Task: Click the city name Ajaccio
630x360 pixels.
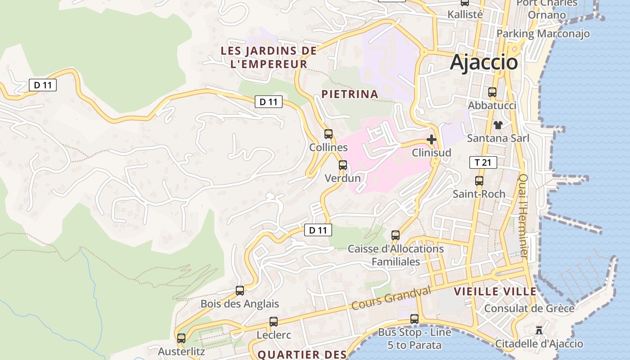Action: pyautogui.click(x=484, y=62)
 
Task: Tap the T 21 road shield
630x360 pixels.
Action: pyautogui.click(x=483, y=162)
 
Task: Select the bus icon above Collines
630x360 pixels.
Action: pyautogui.click(x=328, y=134)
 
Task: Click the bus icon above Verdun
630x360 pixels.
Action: pyautogui.click(x=343, y=165)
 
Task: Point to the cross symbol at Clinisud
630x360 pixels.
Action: pyautogui.click(x=432, y=139)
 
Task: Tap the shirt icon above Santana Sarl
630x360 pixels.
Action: pyautogui.click(x=498, y=125)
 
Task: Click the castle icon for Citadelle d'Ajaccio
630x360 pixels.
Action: pyautogui.click(x=539, y=331)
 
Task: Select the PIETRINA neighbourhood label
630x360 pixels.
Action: pyautogui.click(x=350, y=94)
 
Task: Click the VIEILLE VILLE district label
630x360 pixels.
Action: pyautogui.click(x=495, y=291)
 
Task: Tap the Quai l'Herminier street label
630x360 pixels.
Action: pyautogui.click(x=523, y=216)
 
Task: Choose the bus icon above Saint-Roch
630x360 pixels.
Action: pyautogui.click(x=479, y=181)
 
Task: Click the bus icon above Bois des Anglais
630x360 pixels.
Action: pyautogui.click(x=240, y=291)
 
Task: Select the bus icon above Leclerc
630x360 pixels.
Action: pyautogui.click(x=274, y=322)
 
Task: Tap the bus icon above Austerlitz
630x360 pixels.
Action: pyautogui.click(x=181, y=338)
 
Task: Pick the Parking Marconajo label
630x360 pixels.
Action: pyautogui.click(x=543, y=34)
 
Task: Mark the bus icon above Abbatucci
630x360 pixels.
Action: pyautogui.click(x=492, y=92)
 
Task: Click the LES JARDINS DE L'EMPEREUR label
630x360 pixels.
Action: pyautogui.click(x=269, y=57)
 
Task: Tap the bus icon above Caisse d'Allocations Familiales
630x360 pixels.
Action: pyautogui.click(x=396, y=235)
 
